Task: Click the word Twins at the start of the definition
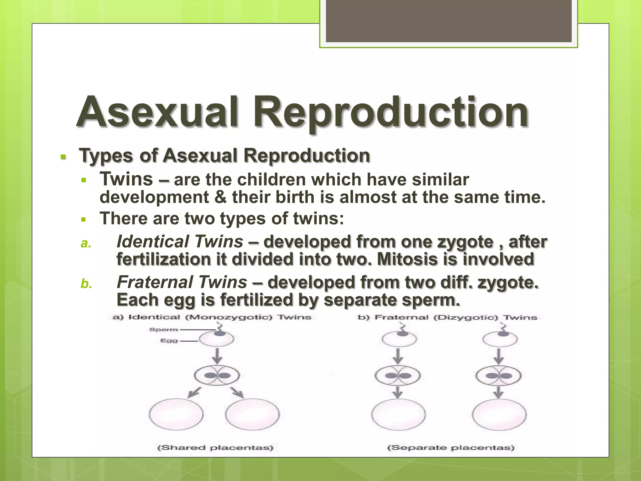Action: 126,179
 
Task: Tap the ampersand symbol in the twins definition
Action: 221,197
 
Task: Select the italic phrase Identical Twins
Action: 180,242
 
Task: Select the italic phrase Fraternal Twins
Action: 182,282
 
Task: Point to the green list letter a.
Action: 85,243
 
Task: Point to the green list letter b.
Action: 86,284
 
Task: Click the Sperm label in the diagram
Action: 163,329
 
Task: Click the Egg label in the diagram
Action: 169,340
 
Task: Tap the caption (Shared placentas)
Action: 215,447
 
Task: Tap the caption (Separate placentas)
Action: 451,447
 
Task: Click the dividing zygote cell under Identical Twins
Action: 217,375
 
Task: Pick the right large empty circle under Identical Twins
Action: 252,414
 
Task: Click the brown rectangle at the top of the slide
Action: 449,21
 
